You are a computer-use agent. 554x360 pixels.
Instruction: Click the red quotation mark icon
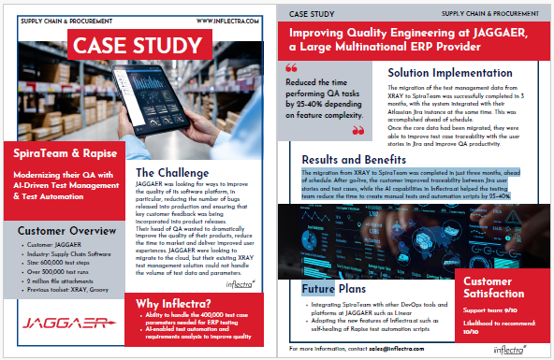(291, 67)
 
